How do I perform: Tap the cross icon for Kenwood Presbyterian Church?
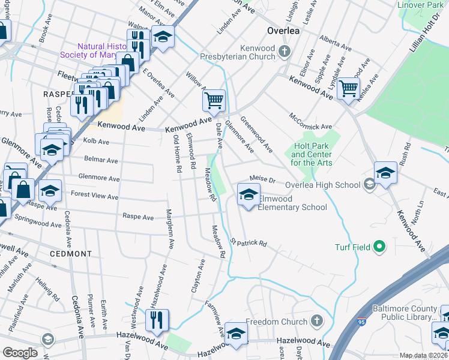click(x=285, y=52)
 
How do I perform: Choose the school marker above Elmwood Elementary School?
click(x=249, y=194)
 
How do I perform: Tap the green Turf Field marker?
click(x=379, y=246)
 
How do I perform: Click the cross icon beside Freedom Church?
click(x=317, y=322)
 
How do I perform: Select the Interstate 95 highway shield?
click(x=361, y=323)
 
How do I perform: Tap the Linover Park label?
click(x=420, y=5)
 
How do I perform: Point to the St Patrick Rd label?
click(x=248, y=243)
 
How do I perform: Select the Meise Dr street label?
click(x=262, y=179)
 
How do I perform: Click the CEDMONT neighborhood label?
click(x=71, y=254)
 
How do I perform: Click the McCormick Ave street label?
click(x=310, y=121)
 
